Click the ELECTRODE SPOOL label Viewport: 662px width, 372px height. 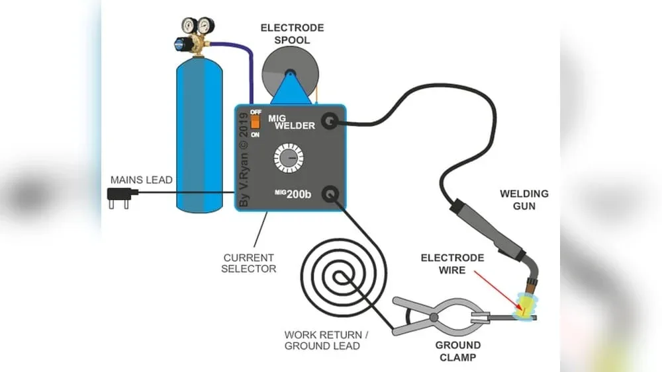coord(292,34)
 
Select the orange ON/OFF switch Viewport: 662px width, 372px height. coord(254,122)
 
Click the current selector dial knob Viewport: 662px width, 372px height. coord(289,159)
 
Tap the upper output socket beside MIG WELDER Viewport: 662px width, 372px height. coord(329,121)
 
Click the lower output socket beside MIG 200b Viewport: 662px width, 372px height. coord(329,194)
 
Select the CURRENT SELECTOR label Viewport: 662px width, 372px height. coord(249,263)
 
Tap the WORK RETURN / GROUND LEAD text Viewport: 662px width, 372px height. coord(322,340)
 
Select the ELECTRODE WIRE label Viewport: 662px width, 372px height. coord(452,263)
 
